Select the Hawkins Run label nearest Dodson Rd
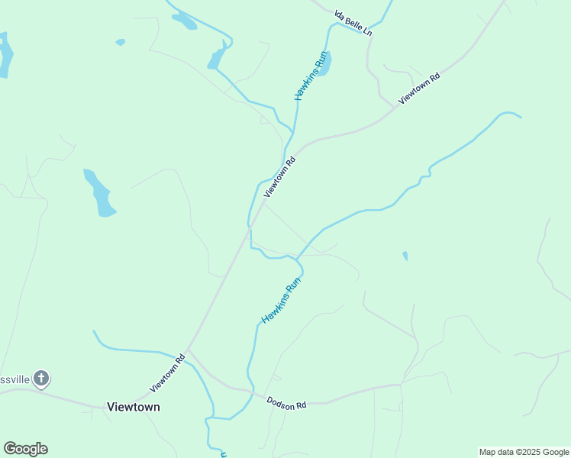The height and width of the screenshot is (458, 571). (282, 300)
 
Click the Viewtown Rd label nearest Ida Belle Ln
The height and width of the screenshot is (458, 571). (419, 89)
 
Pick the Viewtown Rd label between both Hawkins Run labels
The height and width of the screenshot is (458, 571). (279, 177)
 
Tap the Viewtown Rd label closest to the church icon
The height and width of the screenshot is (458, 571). (168, 369)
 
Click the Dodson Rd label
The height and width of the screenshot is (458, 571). (285, 402)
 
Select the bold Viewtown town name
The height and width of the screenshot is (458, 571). (134, 407)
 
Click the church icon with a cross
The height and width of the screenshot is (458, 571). (41, 378)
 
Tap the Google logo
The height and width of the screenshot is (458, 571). (26, 449)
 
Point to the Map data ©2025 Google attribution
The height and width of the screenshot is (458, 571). (524, 452)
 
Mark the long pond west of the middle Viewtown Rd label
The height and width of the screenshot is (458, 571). (99, 193)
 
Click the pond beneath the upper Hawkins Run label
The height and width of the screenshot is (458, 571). (324, 64)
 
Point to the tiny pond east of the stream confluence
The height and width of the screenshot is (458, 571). (405, 256)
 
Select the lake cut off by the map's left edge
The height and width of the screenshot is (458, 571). (5, 55)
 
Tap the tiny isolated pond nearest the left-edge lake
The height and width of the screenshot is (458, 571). (120, 42)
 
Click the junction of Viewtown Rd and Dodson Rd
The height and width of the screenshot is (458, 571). (189, 350)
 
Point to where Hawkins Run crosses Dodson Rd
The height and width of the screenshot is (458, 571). (250, 392)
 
